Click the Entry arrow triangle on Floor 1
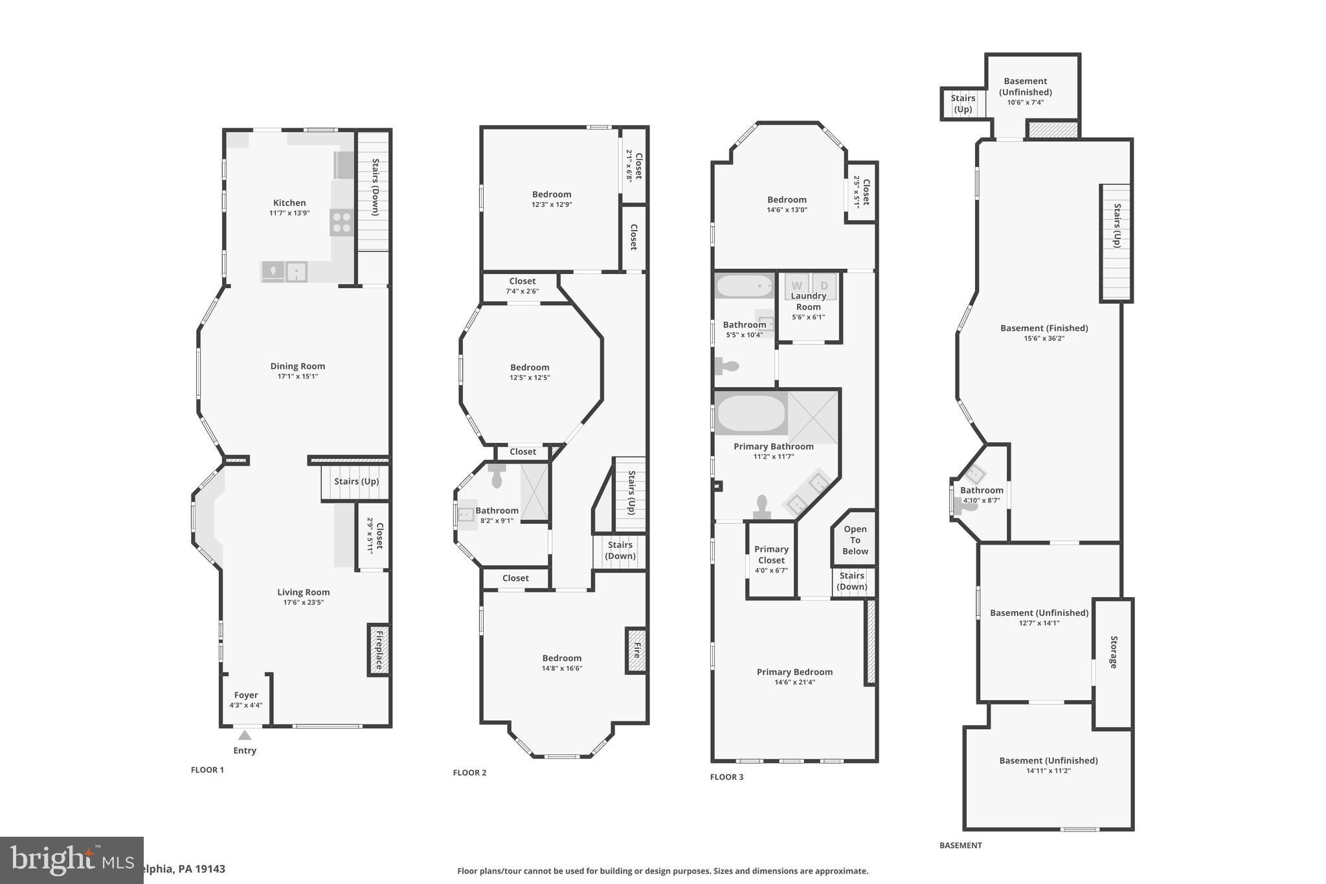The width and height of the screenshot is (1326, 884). tap(244, 735)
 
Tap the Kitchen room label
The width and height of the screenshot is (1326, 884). tap(289, 203)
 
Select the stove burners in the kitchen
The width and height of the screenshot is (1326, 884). tap(341, 223)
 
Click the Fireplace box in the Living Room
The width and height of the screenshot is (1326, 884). tap(379, 650)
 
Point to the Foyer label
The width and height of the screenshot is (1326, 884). tap(246, 695)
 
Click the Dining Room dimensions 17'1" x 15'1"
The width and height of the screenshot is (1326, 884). tap(298, 376)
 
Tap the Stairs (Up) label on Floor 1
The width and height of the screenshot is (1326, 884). tap(356, 481)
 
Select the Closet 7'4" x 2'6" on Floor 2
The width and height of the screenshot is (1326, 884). tap(522, 286)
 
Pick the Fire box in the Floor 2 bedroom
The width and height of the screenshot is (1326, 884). tap(636, 650)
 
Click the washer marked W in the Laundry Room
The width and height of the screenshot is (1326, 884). tap(796, 286)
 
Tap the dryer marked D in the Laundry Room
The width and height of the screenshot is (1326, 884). tap(824, 286)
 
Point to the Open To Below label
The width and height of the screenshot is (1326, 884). tap(855, 540)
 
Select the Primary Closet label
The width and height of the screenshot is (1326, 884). tap(771, 554)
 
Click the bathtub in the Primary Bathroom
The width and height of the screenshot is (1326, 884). tap(751, 413)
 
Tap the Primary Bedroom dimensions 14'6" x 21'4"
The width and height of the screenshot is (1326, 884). tap(794, 682)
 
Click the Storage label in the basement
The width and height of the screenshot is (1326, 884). tap(1114, 652)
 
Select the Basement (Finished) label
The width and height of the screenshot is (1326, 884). tap(1044, 328)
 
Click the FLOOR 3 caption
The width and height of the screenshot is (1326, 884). tap(726, 776)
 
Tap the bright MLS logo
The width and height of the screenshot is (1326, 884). tap(71, 859)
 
